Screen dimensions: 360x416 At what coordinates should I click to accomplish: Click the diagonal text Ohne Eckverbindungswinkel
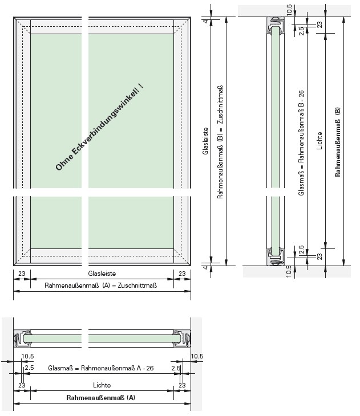pyautogui.click(x=99, y=127)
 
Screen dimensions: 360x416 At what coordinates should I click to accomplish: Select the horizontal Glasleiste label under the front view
pyautogui.click(x=102, y=274)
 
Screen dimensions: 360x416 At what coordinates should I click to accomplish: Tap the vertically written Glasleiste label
pyautogui.click(x=205, y=141)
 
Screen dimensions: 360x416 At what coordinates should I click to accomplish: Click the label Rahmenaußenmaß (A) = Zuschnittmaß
pyautogui.click(x=100, y=286)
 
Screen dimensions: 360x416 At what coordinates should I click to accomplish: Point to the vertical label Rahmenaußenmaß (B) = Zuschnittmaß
pyautogui.click(x=220, y=142)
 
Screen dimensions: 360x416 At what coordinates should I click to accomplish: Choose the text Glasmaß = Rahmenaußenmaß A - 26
pyautogui.click(x=100, y=368)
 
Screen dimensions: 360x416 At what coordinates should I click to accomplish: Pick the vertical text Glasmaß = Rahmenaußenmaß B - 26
pyautogui.click(x=301, y=143)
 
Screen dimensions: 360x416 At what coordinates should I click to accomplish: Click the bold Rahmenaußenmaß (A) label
pyautogui.click(x=100, y=397)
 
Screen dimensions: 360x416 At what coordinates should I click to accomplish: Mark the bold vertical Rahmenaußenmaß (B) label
pyautogui.click(x=337, y=142)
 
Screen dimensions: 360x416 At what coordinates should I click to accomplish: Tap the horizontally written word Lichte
pyautogui.click(x=102, y=385)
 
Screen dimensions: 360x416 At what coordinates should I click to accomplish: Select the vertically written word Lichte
pyautogui.click(x=319, y=141)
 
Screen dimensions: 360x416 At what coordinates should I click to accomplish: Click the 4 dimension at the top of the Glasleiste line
pyautogui.click(x=205, y=21)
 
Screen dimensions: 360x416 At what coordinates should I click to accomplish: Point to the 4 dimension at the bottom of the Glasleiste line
pyautogui.click(x=205, y=267)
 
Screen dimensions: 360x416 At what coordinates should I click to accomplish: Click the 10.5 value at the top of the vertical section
pyautogui.click(x=289, y=10)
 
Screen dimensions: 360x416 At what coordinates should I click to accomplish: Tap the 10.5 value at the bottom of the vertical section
pyautogui.click(x=289, y=272)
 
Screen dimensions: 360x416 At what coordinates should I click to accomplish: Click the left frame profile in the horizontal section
pyautogui.click(x=22, y=338)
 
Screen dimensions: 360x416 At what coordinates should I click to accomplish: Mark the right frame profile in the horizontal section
pyautogui.click(x=182, y=338)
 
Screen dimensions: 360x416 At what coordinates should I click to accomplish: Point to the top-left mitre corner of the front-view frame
pyautogui.click(x=14, y=18)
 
